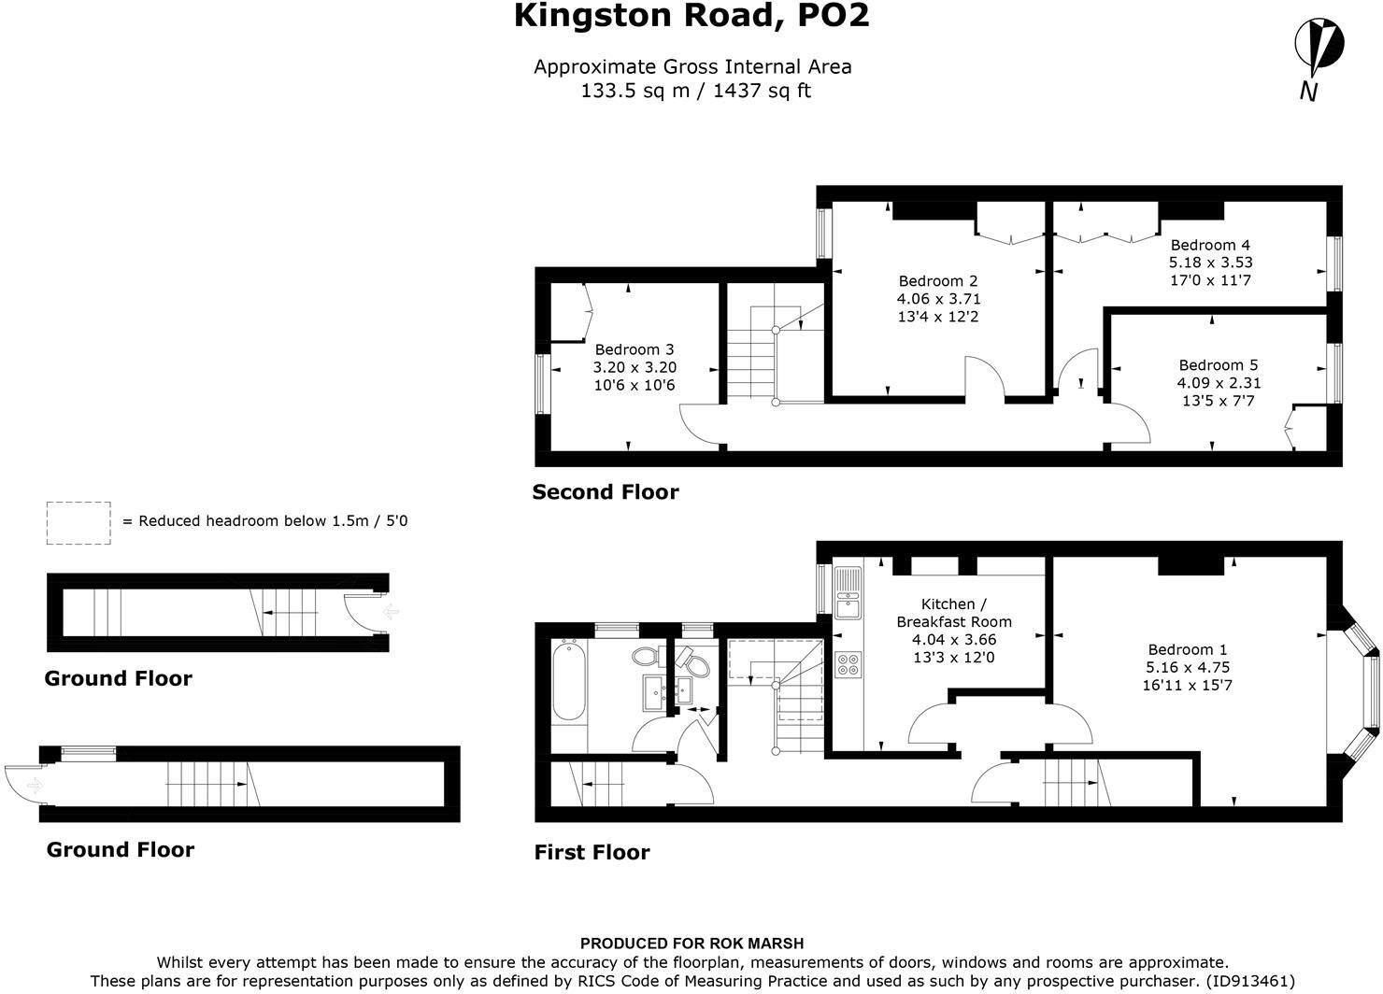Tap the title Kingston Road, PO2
pyautogui.click(x=691, y=16)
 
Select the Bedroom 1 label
pyautogui.click(x=1188, y=649)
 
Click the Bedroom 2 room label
pyautogui.click(x=938, y=281)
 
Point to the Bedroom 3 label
pyautogui.click(x=634, y=349)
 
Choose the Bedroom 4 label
pyautogui.click(x=1210, y=245)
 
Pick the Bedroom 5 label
pyautogui.click(x=1211, y=365)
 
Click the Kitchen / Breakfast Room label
pyautogui.click(x=953, y=613)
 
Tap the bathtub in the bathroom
pyautogui.click(x=568, y=680)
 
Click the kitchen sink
pyautogui.click(x=848, y=594)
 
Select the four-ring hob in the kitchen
pyautogui.click(x=848, y=664)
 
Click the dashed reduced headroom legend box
pyautogui.click(x=78, y=522)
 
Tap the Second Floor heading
pyautogui.click(x=606, y=492)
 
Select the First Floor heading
pyautogui.click(x=592, y=852)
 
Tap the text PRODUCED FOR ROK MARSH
pyautogui.click(x=691, y=944)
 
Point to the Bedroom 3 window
pyautogui.click(x=541, y=382)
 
